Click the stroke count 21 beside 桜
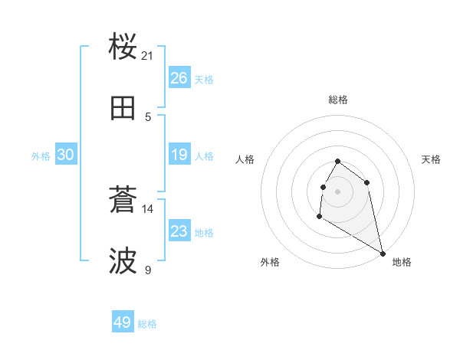[148, 55]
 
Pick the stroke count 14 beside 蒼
[148, 208]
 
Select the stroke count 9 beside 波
[148, 270]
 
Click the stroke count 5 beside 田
[148, 116]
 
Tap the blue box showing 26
[179, 78]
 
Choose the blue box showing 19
[179, 155]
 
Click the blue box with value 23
[179, 231]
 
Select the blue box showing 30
[66, 155]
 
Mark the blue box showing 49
[123, 322]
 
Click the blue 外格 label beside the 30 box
[41, 156]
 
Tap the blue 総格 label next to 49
[147, 324]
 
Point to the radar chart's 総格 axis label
[338, 100]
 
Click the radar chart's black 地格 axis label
[402, 262]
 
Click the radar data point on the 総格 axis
[338, 162]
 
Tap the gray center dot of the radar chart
[338, 191]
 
